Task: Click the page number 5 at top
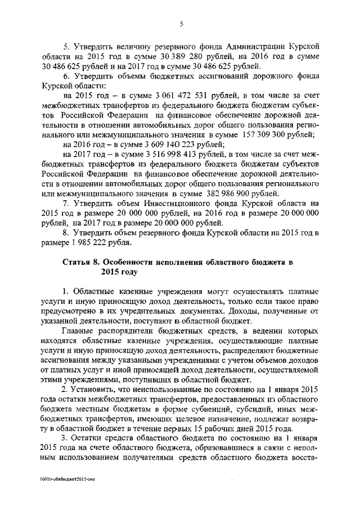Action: click(181, 24)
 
